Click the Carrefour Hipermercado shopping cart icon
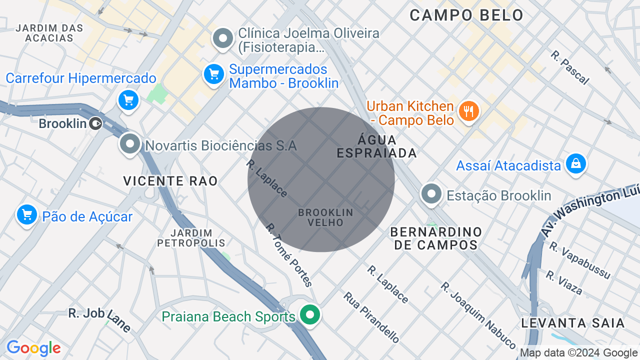pyautogui.click(x=128, y=100)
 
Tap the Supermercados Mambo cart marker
pyautogui.click(x=214, y=74)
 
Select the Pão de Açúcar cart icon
pyautogui.click(x=27, y=215)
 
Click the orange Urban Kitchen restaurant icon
pyautogui.click(x=468, y=111)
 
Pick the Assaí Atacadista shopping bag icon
pyautogui.click(x=576, y=163)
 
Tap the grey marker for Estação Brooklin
pyautogui.click(x=431, y=193)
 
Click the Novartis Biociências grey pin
pyautogui.click(x=130, y=144)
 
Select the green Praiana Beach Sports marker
pyautogui.click(x=310, y=315)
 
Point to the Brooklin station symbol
pyautogui.click(x=96, y=123)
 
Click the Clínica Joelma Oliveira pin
pyautogui.click(x=223, y=38)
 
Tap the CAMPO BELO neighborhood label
pyautogui.click(x=466, y=15)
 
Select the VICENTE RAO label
pyautogui.click(x=170, y=181)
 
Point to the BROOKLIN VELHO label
pyautogui.click(x=325, y=217)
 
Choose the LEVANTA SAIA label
pyautogui.click(x=573, y=323)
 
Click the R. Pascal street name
pyautogui.click(x=570, y=67)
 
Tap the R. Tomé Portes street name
pyautogui.click(x=289, y=255)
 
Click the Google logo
pyautogui.click(x=33, y=348)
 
